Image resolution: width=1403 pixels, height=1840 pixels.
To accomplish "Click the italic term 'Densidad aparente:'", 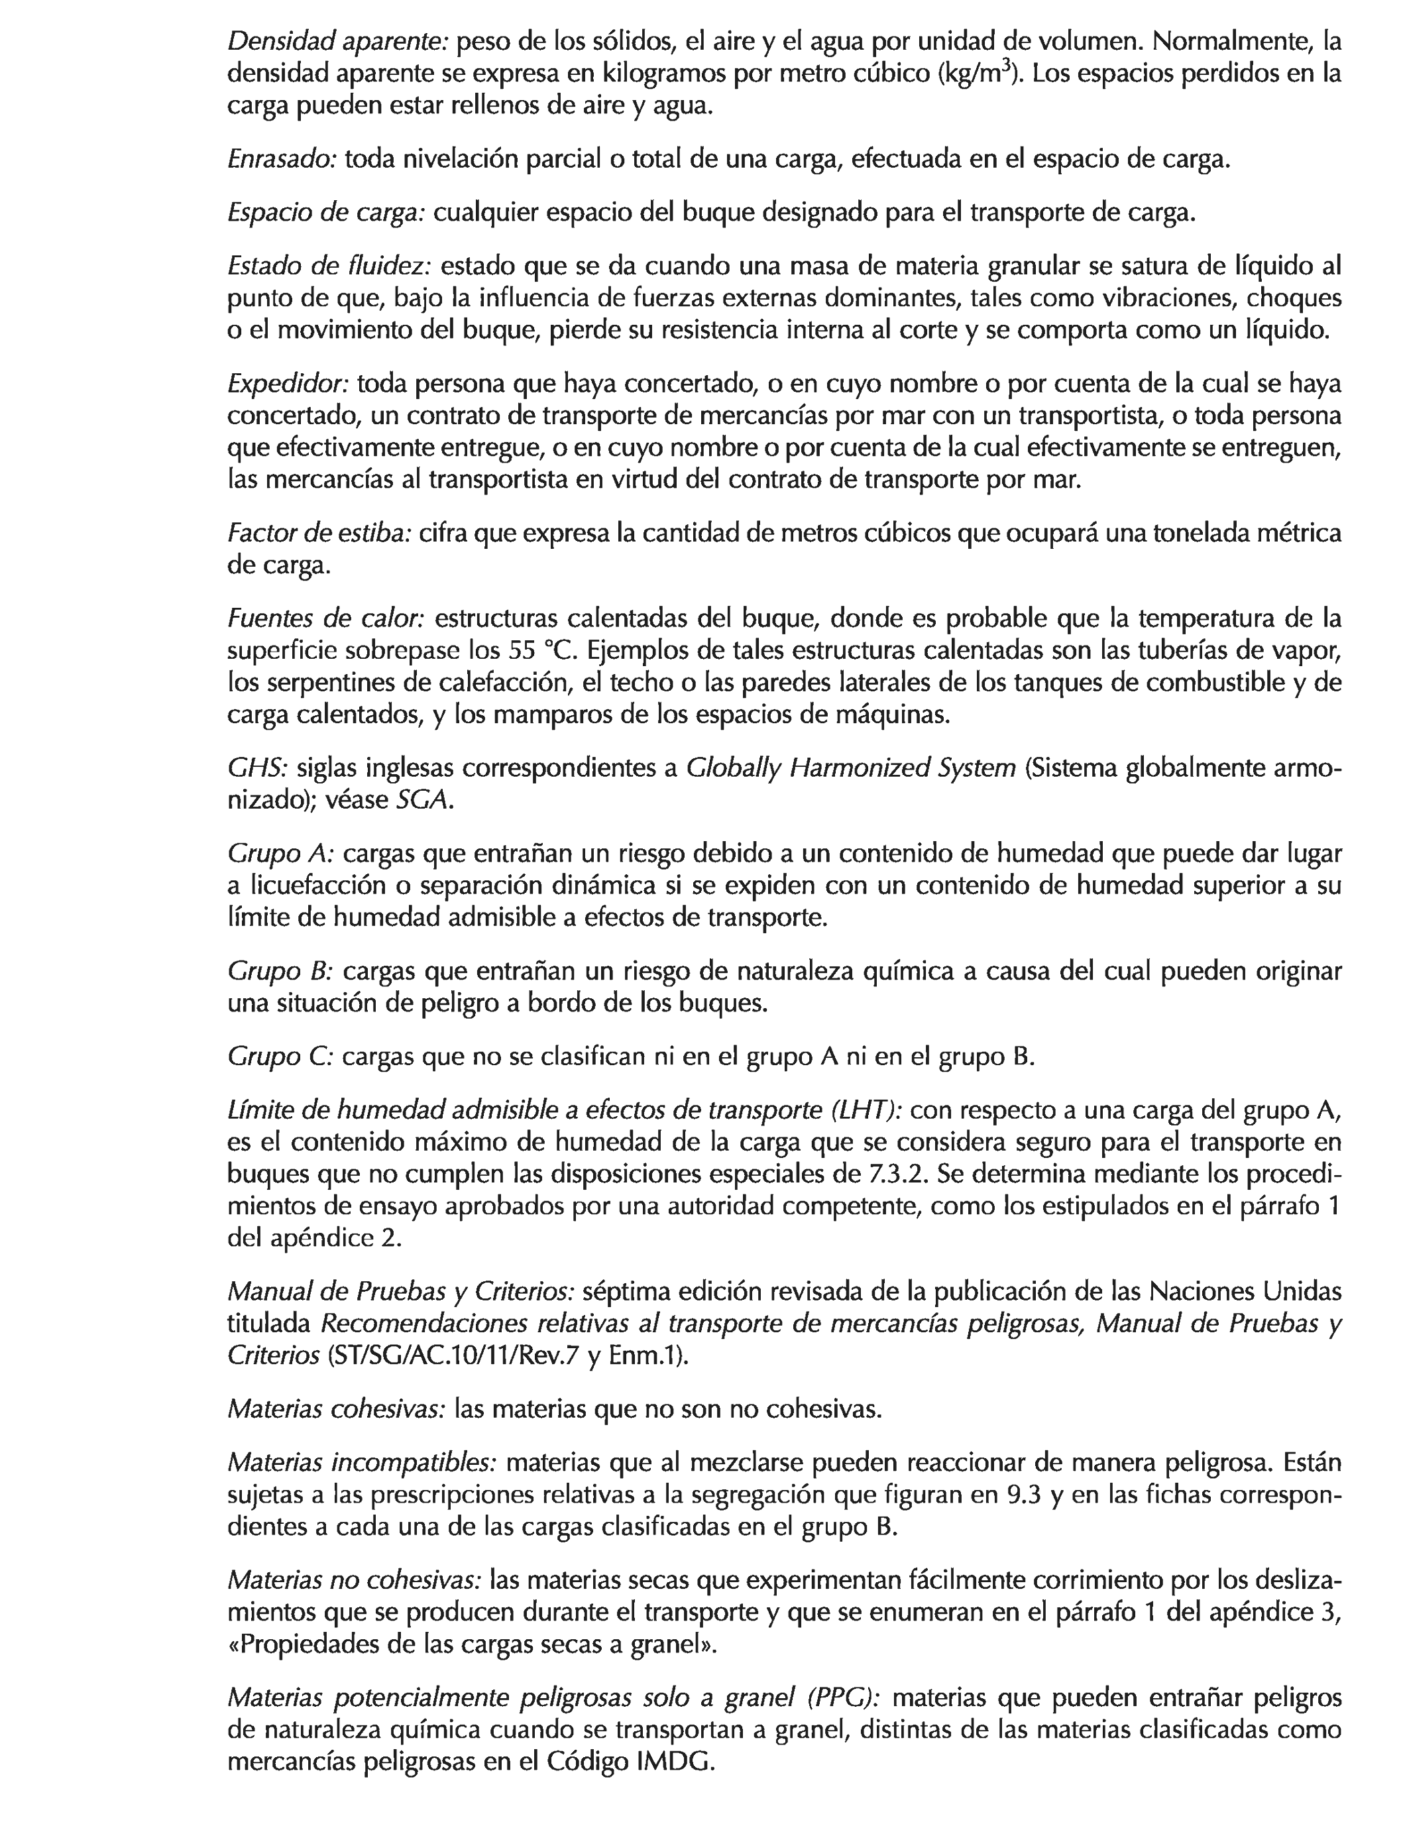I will pos(338,41).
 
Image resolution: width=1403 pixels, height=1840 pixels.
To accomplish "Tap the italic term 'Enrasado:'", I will pos(282,158).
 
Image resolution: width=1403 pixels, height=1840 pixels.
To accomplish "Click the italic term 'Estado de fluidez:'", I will pos(329,266).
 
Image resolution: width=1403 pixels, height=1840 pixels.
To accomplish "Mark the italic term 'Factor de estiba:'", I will pos(319,534).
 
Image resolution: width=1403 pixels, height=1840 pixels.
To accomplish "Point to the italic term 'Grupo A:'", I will pos(280,854).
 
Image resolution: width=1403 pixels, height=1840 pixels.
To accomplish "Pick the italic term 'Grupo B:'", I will pos(280,971).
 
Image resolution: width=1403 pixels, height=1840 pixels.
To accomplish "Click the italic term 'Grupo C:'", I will pos(280,1057).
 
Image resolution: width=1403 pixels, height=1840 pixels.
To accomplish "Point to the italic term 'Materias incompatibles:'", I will pos(362,1464).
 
